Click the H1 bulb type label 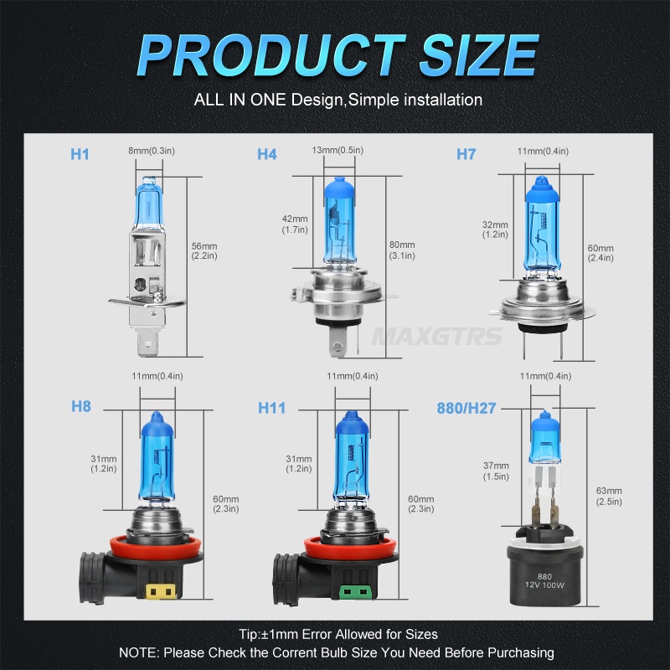80,154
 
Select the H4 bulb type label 267,154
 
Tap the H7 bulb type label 466,154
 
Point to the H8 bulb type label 81,407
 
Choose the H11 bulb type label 271,407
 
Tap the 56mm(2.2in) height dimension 204,250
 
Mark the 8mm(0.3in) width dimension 150,150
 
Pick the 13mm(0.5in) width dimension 338,150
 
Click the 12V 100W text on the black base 544,585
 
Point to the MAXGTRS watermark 438,337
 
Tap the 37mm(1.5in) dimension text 496,471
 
